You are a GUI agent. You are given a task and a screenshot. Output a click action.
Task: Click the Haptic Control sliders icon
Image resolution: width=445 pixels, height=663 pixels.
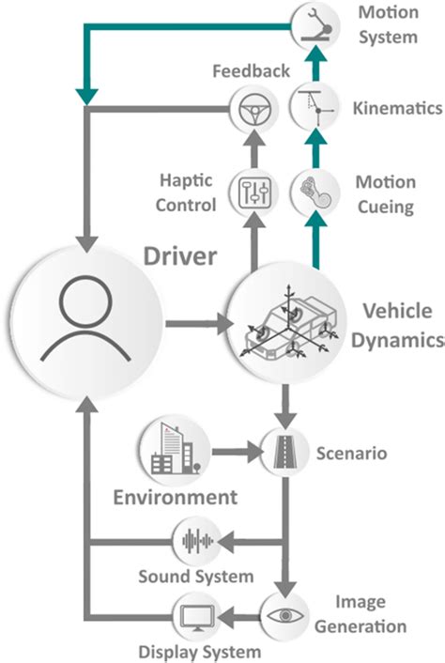click(251, 194)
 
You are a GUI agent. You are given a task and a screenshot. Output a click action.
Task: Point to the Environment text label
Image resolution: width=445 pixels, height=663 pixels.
click(175, 497)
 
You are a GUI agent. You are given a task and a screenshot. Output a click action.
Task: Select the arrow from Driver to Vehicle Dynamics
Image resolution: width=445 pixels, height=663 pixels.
click(197, 326)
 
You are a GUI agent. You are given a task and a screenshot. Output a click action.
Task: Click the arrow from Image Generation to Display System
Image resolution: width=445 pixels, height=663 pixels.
click(240, 617)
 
